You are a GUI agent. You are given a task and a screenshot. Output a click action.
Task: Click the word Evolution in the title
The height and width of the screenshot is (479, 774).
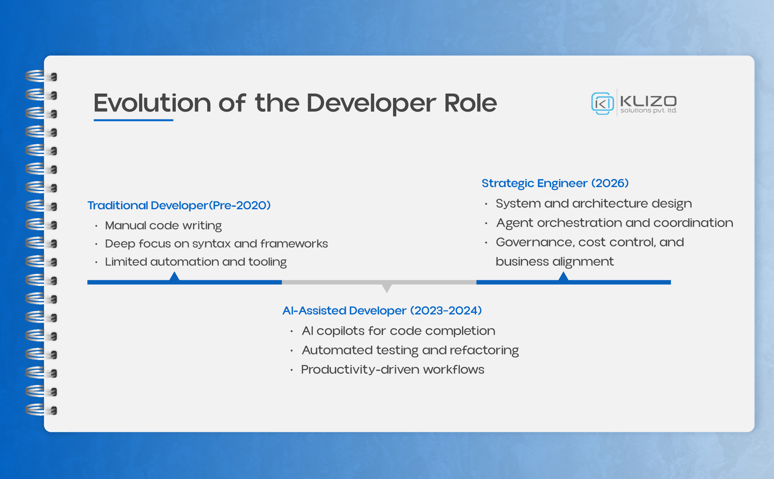152,103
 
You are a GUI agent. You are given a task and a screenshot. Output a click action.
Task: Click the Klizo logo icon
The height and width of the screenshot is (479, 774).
602,103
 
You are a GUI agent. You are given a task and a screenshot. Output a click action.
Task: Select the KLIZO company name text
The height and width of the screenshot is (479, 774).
648,101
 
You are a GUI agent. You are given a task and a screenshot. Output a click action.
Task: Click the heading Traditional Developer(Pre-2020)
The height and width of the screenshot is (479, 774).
179,205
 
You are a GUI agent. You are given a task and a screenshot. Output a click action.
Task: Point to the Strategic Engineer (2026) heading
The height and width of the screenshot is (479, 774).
555,183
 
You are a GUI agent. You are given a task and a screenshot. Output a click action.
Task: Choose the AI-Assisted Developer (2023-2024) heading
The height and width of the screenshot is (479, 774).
382,310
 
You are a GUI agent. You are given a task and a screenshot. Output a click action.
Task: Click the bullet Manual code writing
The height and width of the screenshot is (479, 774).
163,225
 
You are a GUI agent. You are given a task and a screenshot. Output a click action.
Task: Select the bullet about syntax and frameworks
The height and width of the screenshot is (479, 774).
216,244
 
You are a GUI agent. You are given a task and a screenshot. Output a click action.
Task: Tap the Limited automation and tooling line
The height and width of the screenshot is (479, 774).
196,262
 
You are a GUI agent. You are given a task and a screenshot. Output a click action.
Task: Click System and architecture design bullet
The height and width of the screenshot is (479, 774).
593,203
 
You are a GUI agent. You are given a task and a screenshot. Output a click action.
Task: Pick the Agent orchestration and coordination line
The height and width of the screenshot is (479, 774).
614,223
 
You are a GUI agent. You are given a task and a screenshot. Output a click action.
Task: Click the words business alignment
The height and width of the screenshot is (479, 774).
554,261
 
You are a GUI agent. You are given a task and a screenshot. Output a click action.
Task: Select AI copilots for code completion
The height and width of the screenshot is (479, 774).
398,331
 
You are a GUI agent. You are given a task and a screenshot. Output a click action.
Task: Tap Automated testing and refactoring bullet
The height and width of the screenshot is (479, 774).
410,350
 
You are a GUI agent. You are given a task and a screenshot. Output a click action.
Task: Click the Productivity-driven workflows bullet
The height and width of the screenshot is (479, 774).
393,369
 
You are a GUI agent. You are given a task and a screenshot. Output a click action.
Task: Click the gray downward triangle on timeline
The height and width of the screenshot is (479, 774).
387,288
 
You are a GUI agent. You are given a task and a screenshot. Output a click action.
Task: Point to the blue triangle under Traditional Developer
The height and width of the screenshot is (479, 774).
174,277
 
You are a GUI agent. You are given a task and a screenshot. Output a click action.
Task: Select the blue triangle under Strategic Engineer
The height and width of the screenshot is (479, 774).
563,277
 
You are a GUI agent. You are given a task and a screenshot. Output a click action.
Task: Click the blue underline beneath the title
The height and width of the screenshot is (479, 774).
133,120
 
